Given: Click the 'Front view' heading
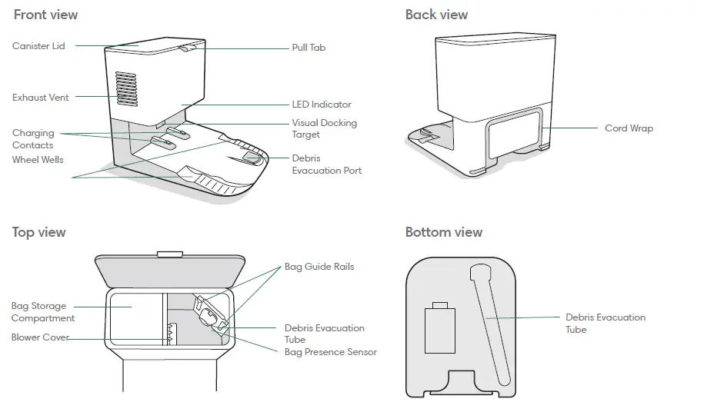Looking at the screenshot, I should coord(45,15).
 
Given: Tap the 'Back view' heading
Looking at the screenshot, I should coord(436,15).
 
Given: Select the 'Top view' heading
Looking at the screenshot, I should coord(39,232).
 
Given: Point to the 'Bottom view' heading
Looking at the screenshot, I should coord(444,232).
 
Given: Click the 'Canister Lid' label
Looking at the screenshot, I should coord(38,46).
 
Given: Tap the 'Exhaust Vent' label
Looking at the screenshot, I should coord(40,98).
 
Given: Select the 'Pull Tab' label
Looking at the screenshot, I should coord(309,48).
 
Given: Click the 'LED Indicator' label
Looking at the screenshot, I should coord(322,105).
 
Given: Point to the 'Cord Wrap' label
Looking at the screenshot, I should coord(629,128).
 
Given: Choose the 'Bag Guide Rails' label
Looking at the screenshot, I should coord(319,267).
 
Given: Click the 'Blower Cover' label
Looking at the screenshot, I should coord(40,337).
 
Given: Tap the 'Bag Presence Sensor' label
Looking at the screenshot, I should coord(331,352).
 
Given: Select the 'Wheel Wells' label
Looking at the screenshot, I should coord(38,160).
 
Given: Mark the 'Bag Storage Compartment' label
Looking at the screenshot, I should coord(43,312).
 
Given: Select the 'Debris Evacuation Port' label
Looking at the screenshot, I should coord(326,164).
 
